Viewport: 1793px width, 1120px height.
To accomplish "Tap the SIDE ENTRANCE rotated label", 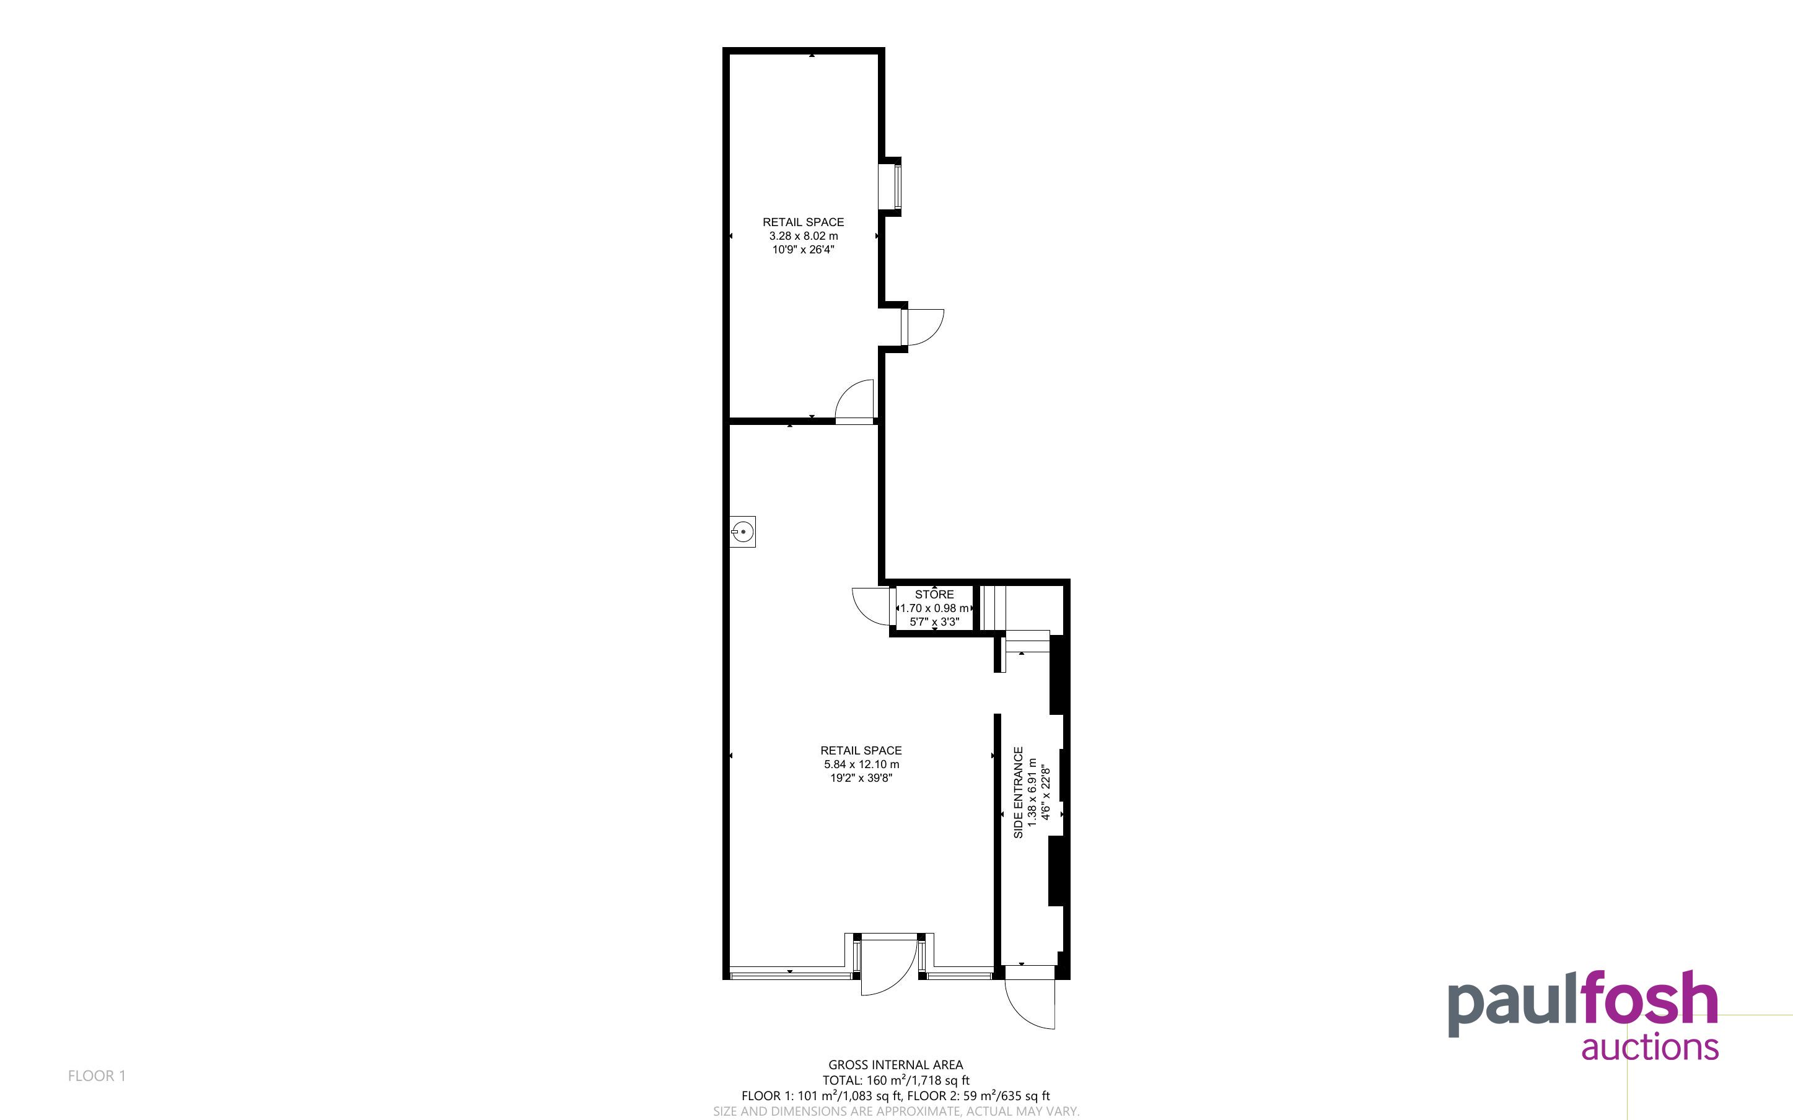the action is point(1019,792).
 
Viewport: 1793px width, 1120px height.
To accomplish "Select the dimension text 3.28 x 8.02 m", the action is point(804,235).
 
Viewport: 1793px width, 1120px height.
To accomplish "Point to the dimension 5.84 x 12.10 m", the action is point(861,764).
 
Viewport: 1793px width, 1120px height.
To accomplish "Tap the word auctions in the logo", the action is point(1650,1048).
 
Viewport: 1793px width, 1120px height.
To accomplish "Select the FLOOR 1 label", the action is point(97,1075).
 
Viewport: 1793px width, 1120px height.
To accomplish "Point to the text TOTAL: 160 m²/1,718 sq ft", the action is point(895,1080).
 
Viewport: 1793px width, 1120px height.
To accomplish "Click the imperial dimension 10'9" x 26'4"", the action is point(804,250).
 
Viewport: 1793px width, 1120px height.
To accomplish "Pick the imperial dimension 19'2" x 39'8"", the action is point(861,778).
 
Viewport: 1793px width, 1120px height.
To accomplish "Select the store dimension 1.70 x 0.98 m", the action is point(935,608).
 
